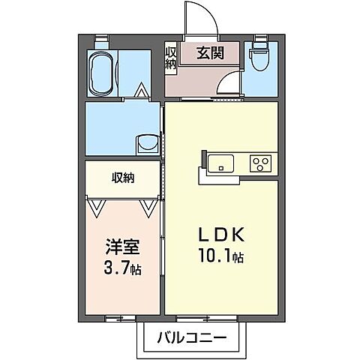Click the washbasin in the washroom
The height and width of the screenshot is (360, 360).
[x=145, y=142]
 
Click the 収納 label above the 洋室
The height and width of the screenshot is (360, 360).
[x=124, y=178]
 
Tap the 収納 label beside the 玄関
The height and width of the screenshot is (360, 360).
[x=170, y=58]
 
